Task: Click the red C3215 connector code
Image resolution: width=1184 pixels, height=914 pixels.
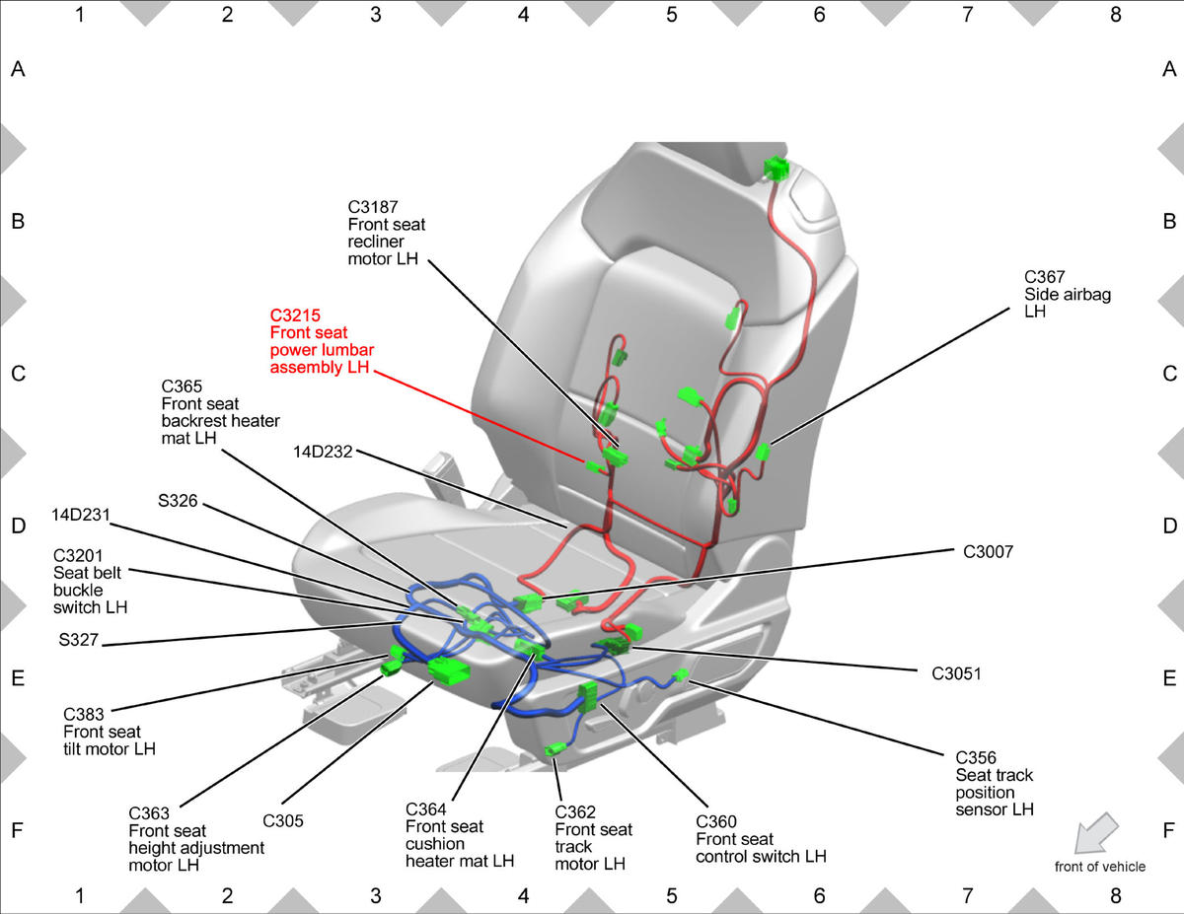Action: [295, 316]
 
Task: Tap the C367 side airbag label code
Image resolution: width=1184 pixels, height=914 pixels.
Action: [1044, 277]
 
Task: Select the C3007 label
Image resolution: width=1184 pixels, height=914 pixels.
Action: [988, 552]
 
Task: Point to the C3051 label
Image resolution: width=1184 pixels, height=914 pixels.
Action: [956, 674]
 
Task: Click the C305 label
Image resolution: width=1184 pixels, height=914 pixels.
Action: [283, 821]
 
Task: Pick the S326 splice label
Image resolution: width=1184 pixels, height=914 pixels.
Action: [178, 501]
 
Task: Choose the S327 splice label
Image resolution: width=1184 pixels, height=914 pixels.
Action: [79, 640]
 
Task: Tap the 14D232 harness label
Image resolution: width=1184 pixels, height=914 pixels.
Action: [323, 452]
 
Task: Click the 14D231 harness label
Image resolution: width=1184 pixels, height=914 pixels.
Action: [81, 515]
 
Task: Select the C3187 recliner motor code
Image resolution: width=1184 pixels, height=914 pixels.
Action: [373, 207]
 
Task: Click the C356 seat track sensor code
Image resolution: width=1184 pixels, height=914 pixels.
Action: [975, 758]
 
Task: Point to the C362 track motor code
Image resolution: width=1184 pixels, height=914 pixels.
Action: [575, 812]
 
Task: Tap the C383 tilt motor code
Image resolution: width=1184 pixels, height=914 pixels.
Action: [83, 714]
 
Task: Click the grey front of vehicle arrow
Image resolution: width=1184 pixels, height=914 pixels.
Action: [1096, 833]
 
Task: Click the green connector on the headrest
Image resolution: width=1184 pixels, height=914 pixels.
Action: [776, 168]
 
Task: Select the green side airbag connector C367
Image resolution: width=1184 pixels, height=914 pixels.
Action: [763, 452]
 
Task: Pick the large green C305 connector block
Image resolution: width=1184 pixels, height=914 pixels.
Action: [448, 670]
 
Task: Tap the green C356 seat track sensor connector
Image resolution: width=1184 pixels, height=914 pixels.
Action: [681, 675]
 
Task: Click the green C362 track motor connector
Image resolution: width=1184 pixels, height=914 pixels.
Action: [554, 750]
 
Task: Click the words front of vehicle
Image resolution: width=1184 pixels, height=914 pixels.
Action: [1099, 867]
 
